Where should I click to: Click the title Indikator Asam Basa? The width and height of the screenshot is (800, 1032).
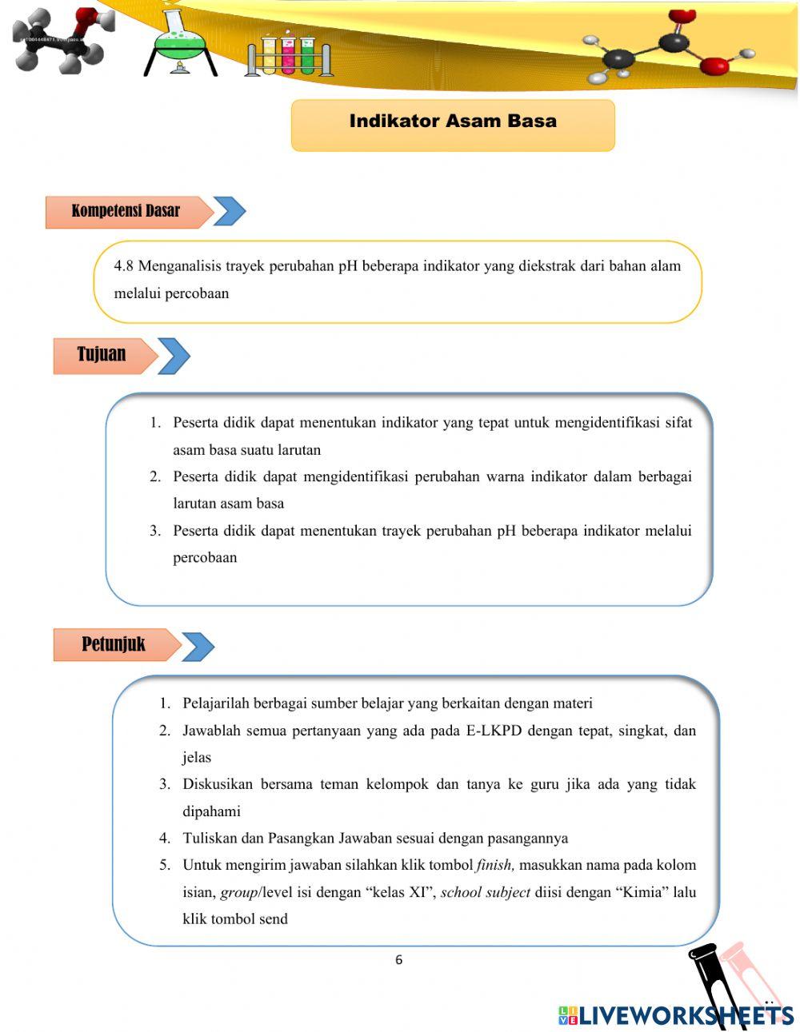pyautogui.click(x=453, y=122)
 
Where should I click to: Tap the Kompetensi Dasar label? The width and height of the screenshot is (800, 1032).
pyautogui.click(x=125, y=211)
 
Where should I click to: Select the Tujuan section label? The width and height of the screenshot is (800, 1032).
pyautogui.click(x=102, y=354)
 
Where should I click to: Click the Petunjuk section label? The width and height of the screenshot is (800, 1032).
pyautogui.click(x=113, y=644)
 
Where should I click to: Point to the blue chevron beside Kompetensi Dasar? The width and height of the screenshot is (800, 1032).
pyautogui.click(x=230, y=212)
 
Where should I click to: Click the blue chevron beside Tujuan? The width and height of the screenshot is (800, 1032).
pyautogui.click(x=174, y=356)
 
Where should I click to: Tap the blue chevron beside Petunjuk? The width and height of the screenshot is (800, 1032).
pyautogui.click(x=198, y=646)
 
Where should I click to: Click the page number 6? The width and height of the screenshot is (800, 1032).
pyautogui.click(x=399, y=960)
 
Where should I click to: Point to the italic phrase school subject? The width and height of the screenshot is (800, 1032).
pyautogui.click(x=486, y=892)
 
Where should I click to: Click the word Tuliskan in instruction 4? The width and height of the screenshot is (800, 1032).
pyautogui.click(x=210, y=838)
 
